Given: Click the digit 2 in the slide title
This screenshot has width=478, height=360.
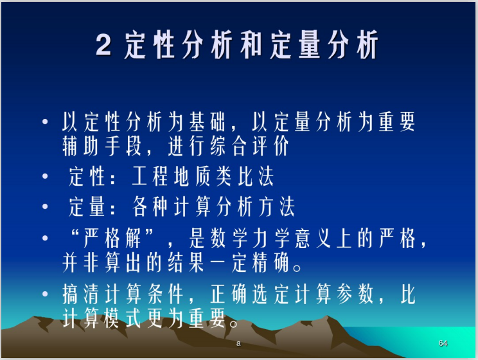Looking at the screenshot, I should click(x=104, y=46).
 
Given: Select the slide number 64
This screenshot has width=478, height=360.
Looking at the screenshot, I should click(x=443, y=343).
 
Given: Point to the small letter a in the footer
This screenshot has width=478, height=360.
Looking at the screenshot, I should click(x=238, y=343).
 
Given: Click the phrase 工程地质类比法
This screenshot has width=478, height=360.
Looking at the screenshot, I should click(x=203, y=176).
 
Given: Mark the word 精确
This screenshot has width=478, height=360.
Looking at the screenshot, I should click(x=272, y=263).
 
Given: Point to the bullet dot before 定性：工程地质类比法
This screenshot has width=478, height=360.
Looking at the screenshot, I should click(x=45, y=175).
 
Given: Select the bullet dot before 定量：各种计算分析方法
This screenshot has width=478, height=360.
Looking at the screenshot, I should click(x=45, y=206).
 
